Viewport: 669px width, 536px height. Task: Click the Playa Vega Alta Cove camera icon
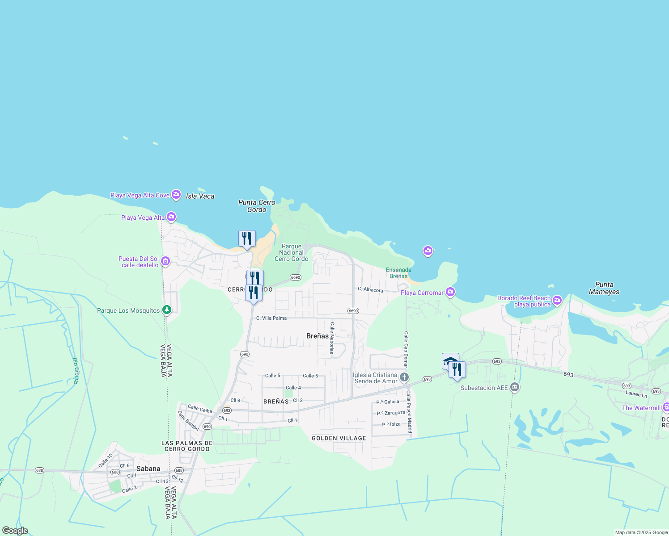[176, 195]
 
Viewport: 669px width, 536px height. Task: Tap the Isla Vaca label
[200, 196]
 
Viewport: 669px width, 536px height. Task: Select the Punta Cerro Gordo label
[257, 206]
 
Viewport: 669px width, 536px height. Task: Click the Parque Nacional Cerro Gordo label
[291, 252]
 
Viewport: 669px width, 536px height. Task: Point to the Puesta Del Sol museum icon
[165, 261]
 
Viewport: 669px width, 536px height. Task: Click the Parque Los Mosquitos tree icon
[167, 310]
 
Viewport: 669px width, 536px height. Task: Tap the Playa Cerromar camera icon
[450, 292]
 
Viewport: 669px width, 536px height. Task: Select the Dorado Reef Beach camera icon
[557, 300]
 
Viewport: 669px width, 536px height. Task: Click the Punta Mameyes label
[604, 288]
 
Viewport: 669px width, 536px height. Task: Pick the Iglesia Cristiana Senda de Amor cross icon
[404, 378]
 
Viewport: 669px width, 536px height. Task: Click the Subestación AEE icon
[514, 387]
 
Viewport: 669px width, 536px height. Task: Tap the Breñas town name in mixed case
[318, 336]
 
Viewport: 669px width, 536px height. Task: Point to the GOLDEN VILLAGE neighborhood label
[339, 438]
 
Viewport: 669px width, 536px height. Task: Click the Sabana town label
[148, 469]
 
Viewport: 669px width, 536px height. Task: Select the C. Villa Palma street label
[271, 318]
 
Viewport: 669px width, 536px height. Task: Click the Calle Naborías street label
[332, 338]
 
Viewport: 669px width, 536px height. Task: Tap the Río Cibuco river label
[76, 371]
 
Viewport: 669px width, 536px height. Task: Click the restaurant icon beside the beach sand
[247, 239]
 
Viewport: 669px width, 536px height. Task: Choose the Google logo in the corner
[15, 531]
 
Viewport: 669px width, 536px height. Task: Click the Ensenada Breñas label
[398, 273]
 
